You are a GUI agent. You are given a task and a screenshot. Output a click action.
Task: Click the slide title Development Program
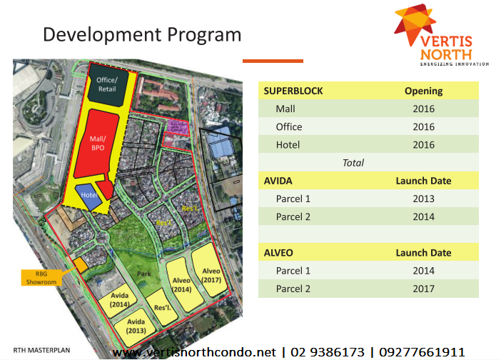[142, 34]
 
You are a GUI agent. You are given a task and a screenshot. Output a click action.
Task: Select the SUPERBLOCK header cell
[293, 91]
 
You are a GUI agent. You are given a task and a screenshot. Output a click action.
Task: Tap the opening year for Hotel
[423, 145]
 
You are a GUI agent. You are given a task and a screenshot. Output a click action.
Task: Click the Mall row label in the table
[285, 109]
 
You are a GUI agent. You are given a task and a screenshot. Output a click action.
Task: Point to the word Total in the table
[353, 163]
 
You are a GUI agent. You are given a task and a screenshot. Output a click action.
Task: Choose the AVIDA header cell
[279, 181]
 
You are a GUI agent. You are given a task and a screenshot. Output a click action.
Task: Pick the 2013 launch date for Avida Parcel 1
[423, 199]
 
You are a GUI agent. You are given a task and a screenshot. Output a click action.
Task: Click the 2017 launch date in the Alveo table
[423, 289]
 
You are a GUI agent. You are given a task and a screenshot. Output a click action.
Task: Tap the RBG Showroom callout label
[41, 278]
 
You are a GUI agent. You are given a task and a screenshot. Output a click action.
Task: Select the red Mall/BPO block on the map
[98, 142]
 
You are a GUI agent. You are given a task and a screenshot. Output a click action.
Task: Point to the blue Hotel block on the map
[89, 195]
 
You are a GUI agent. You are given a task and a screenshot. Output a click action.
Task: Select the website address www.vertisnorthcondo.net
[194, 352]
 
